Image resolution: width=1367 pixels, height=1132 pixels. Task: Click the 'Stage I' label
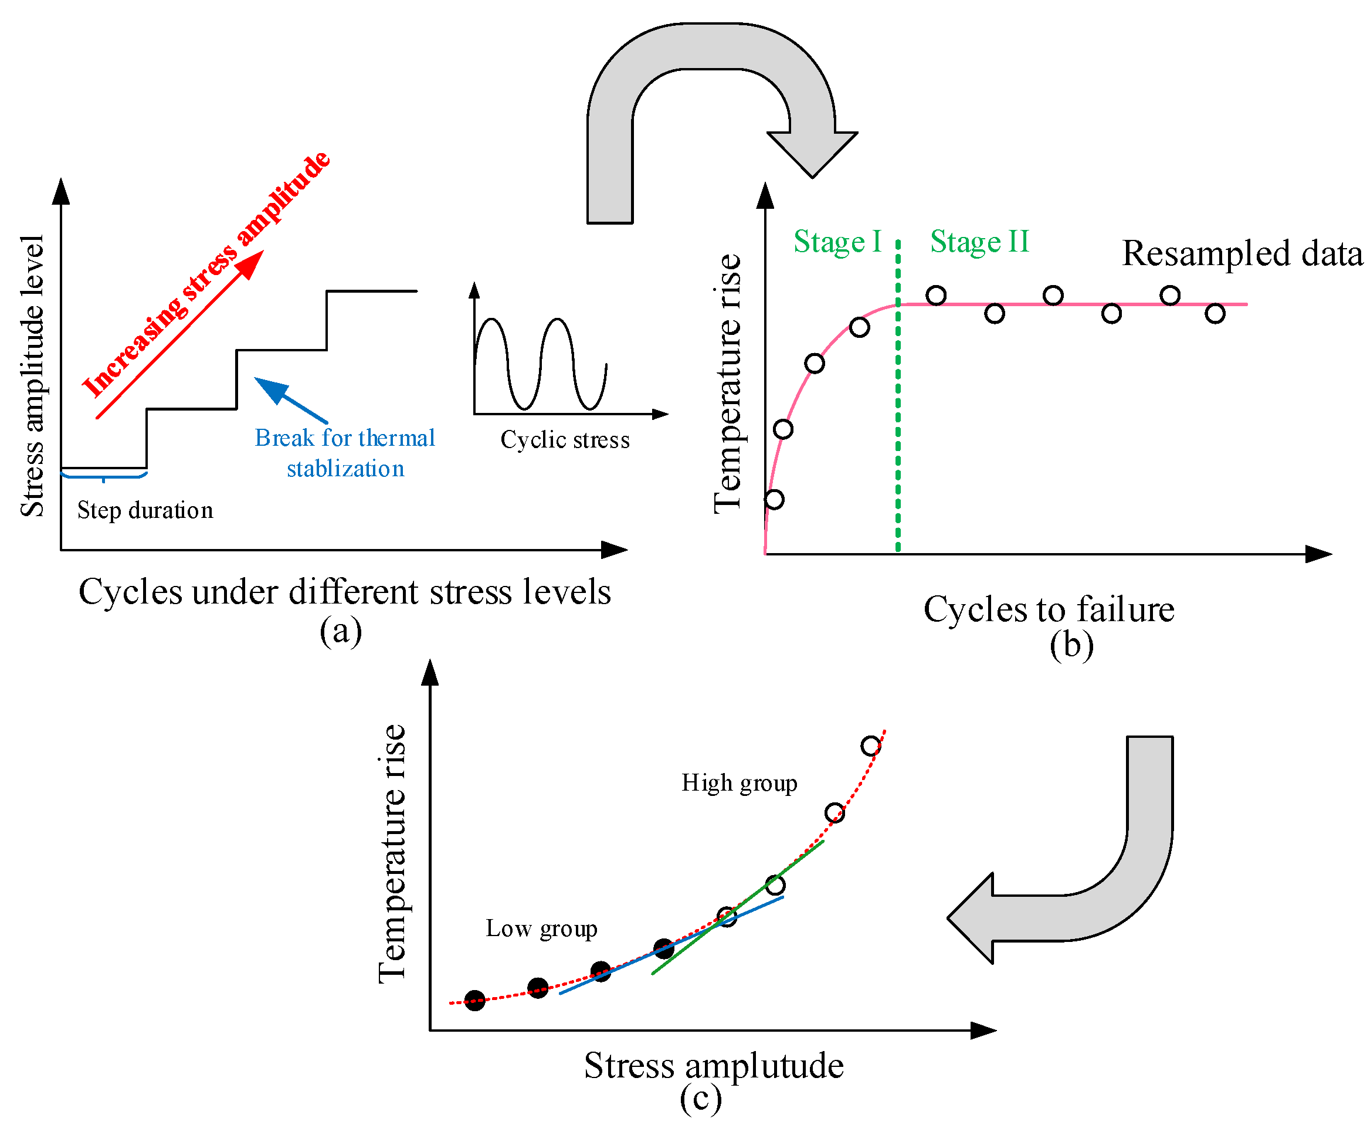click(x=837, y=242)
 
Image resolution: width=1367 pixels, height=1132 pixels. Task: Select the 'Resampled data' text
click(x=1242, y=253)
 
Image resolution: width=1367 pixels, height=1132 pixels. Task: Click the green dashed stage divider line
click(x=898, y=423)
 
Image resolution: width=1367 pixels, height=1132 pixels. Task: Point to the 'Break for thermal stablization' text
click(x=345, y=453)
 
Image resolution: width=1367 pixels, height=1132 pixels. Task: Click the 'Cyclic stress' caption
click(x=565, y=440)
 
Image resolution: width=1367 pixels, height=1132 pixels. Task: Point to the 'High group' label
click(x=739, y=783)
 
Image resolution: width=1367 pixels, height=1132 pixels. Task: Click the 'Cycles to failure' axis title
click(x=1049, y=610)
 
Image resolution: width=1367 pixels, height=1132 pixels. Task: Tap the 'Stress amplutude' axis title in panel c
click(x=714, y=1066)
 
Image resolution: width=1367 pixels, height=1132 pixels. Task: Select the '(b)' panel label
click(x=1071, y=645)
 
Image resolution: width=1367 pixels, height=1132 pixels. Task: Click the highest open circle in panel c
click(x=871, y=746)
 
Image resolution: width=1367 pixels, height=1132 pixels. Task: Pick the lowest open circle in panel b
click(x=774, y=499)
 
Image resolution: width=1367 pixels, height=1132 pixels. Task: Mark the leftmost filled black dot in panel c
click(x=474, y=1001)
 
